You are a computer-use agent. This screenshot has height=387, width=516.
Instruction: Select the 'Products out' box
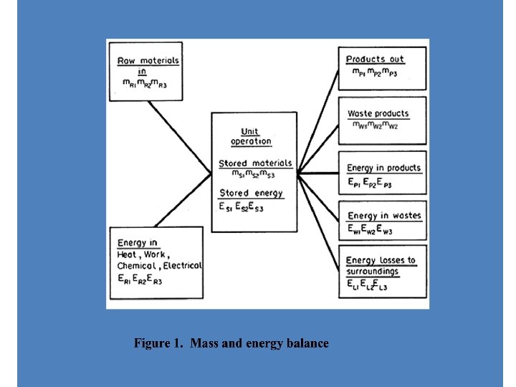click(382, 67)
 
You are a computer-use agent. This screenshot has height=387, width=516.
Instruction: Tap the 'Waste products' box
click(382, 118)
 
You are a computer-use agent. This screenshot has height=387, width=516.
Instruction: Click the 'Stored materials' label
click(255, 163)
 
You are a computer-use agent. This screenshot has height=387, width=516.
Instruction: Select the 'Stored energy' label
click(251, 193)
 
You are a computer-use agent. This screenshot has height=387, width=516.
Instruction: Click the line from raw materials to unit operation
click(180, 135)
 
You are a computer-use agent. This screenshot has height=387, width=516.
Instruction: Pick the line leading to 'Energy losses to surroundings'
click(319, 216)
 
